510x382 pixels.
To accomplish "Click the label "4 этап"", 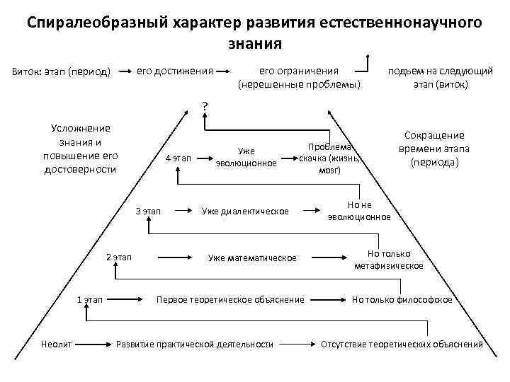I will pyautogui.click(x=178, y=158).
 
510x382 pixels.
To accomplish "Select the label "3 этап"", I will pyautogui.click(x=148, y=211).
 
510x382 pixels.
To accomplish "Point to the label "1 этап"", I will pyautogui.click(x=90, y=300).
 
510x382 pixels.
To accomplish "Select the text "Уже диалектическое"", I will pyautogui.click(x=245, y=211).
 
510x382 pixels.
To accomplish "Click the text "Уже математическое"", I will pyautogui.click(x=252, y=257).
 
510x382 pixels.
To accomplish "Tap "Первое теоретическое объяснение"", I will pyautogui.click(x=230, y=300).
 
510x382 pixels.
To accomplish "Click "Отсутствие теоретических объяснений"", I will pyautogui.click(x=402, y=344).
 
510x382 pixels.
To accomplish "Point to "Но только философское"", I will pyautogui.click(x=402, y=300).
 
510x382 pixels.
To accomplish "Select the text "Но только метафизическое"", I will pyautogui.click(x=389, y=260).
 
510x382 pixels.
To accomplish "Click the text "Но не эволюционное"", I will pyautogui.click(x=359, y=211).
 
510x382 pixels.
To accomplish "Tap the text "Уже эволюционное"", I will pyautogui.click(x=246, y=157).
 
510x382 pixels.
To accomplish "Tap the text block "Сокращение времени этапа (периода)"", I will pyautogui.click(x=434, y=149).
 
